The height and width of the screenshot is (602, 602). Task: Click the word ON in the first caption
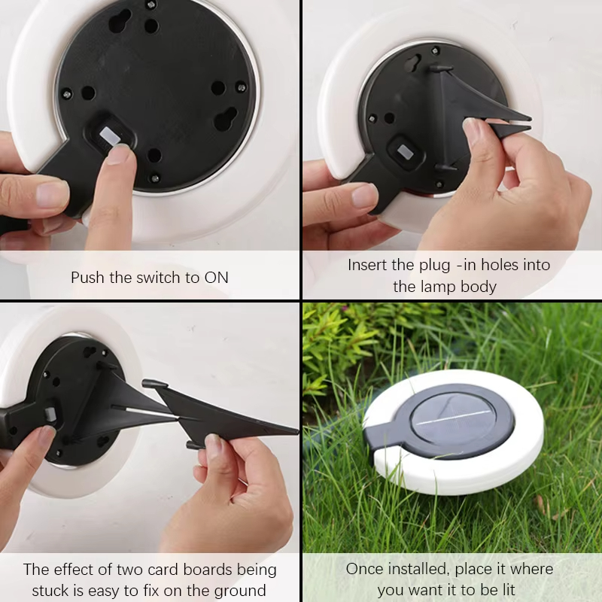[216, 278]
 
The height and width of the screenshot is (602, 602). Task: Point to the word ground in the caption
[239, 591]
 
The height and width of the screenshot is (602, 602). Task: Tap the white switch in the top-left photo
[111, 135]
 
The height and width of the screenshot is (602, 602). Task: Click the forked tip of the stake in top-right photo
[519, 123]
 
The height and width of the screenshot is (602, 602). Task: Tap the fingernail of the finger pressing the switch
[118, 154]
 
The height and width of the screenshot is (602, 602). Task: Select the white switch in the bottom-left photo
[51, 415]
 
